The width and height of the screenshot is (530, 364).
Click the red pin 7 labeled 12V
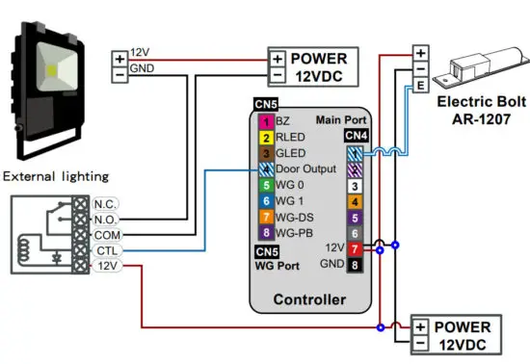355,248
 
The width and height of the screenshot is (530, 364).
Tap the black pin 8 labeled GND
355,264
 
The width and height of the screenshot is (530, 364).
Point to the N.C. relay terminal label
105,204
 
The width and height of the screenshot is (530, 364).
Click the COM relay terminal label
105,234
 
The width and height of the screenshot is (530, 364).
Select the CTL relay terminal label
105,249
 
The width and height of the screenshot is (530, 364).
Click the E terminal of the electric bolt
421,86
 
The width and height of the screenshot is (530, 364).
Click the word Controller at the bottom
309,299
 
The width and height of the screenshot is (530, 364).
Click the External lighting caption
56,175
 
